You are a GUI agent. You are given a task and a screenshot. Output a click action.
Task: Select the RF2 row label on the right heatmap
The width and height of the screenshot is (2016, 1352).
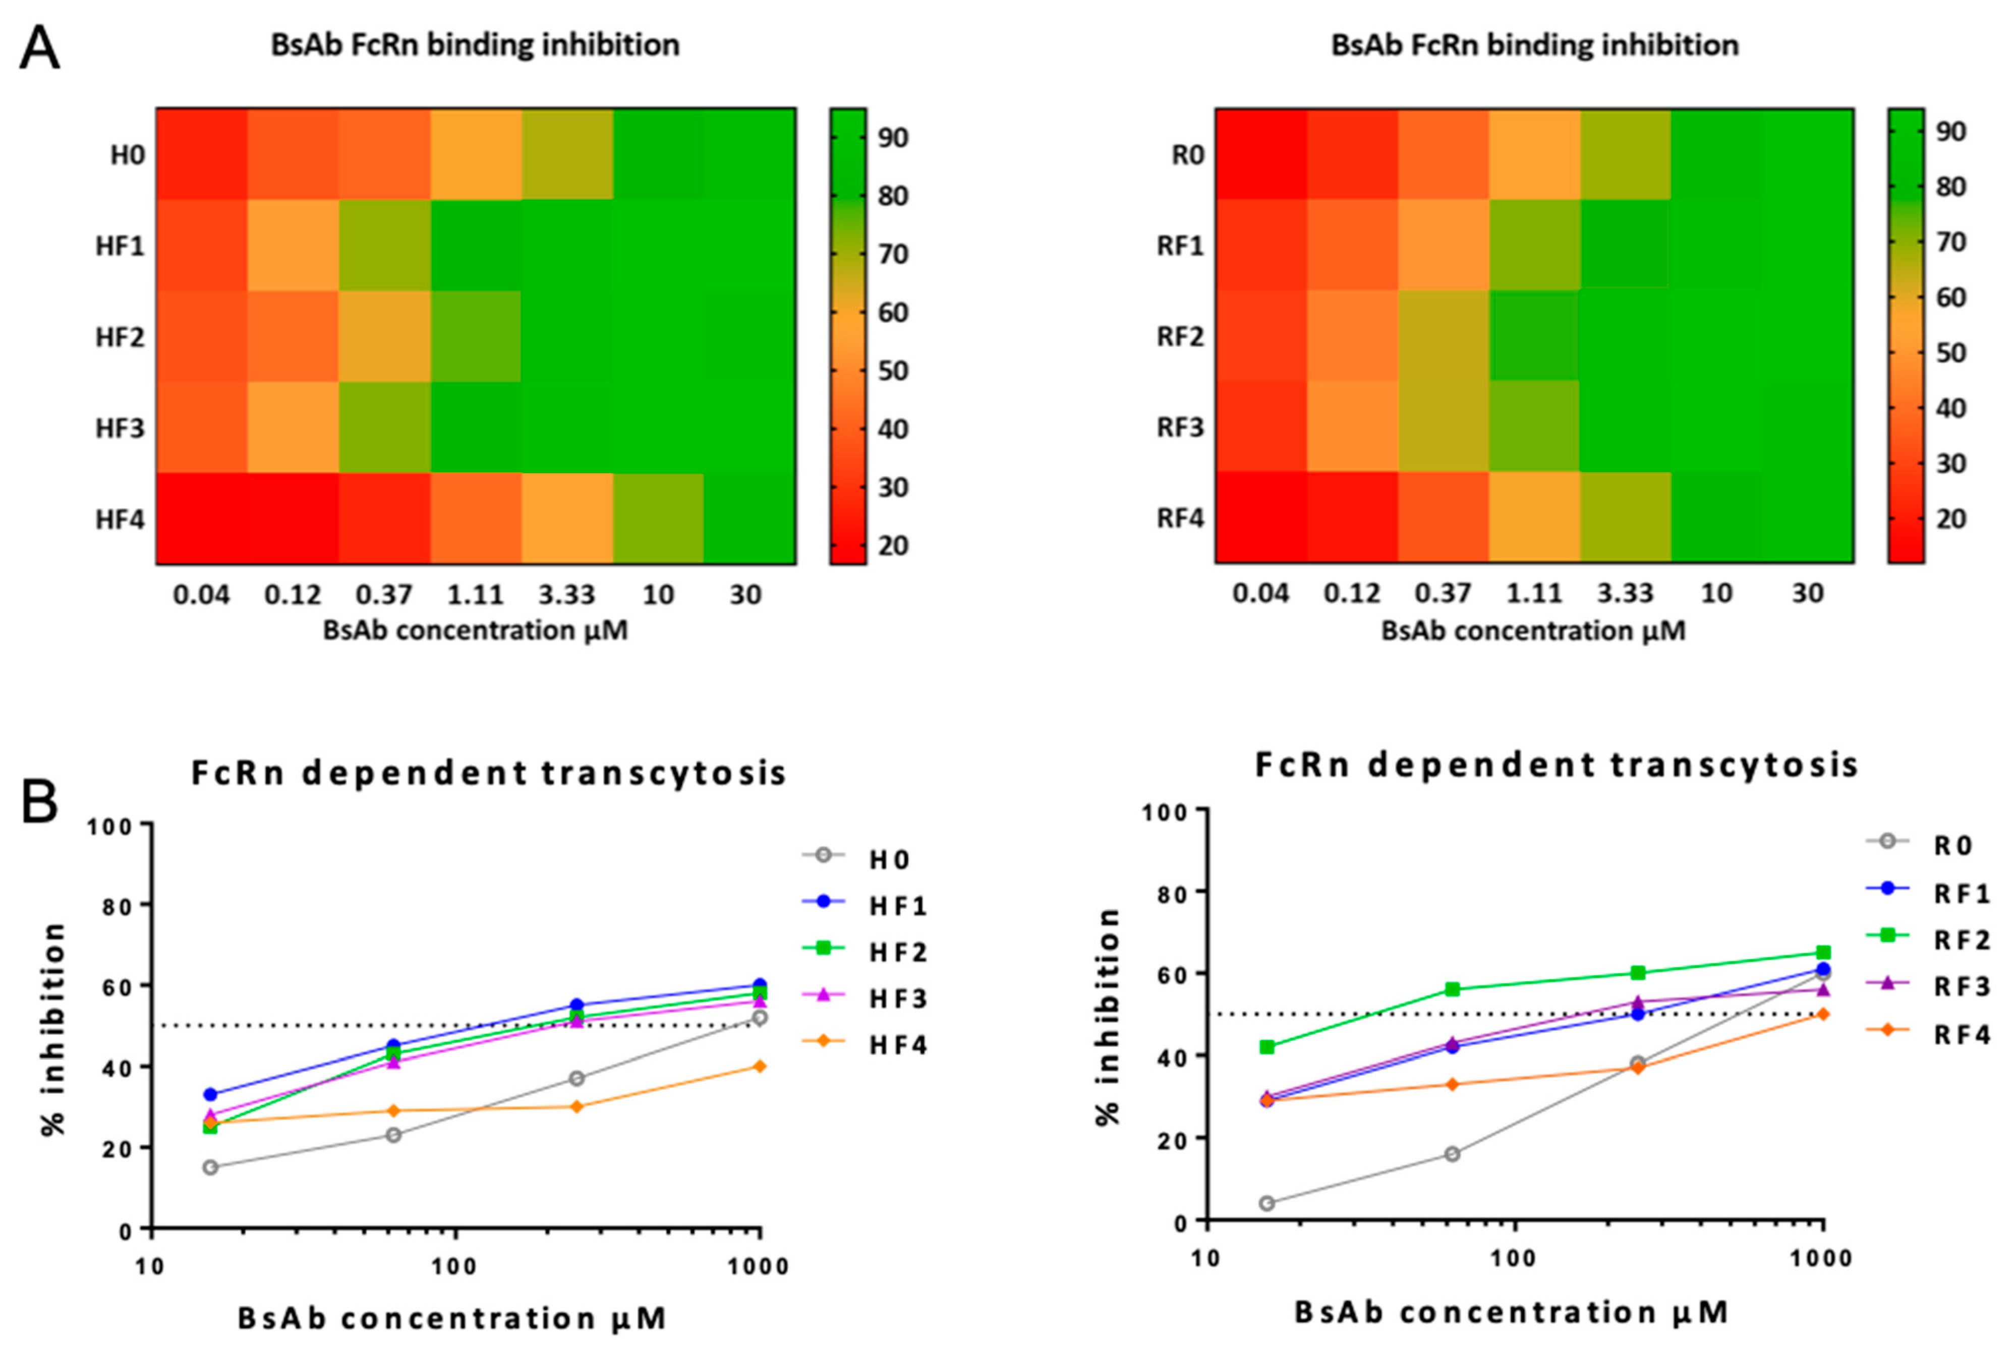tap(1180, 336)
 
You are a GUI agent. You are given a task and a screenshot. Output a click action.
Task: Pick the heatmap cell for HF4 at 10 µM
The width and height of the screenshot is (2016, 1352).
tap(658, 518)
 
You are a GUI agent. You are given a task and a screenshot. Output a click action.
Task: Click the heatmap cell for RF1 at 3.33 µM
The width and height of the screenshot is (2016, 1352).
tap(1626, 246)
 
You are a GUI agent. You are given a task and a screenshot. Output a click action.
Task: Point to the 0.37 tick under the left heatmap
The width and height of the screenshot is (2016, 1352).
tap(384, 595)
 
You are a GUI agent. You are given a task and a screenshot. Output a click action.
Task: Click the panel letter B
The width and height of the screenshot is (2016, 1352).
tap(39, 802)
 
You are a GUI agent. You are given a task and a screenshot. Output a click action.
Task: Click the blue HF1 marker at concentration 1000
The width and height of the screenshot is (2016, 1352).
tap(759, 985)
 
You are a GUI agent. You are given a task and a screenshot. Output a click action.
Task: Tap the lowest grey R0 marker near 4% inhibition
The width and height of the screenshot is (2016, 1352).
tap(1266, 1203)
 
